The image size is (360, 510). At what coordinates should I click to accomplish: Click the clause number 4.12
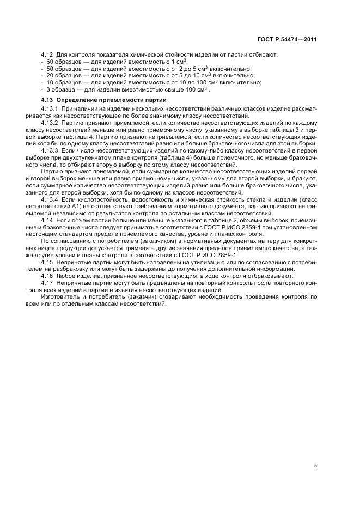tap(47, 56)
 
